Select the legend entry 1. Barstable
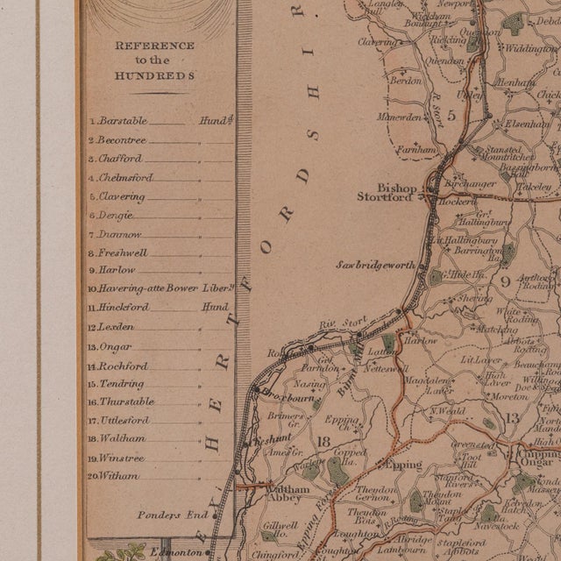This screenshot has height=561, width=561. (123, 121)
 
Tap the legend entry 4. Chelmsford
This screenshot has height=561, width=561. (125, 178)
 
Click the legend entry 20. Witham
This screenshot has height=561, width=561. (118, 476)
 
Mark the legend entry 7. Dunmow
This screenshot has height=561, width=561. (119, 235)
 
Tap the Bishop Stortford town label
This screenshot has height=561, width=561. (384, 192)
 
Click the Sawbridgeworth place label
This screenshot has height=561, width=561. (376, 265)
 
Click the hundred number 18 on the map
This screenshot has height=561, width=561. (325, 441)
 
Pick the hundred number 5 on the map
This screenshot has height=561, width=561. (451, 115)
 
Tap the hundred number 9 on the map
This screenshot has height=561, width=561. (505, 280)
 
